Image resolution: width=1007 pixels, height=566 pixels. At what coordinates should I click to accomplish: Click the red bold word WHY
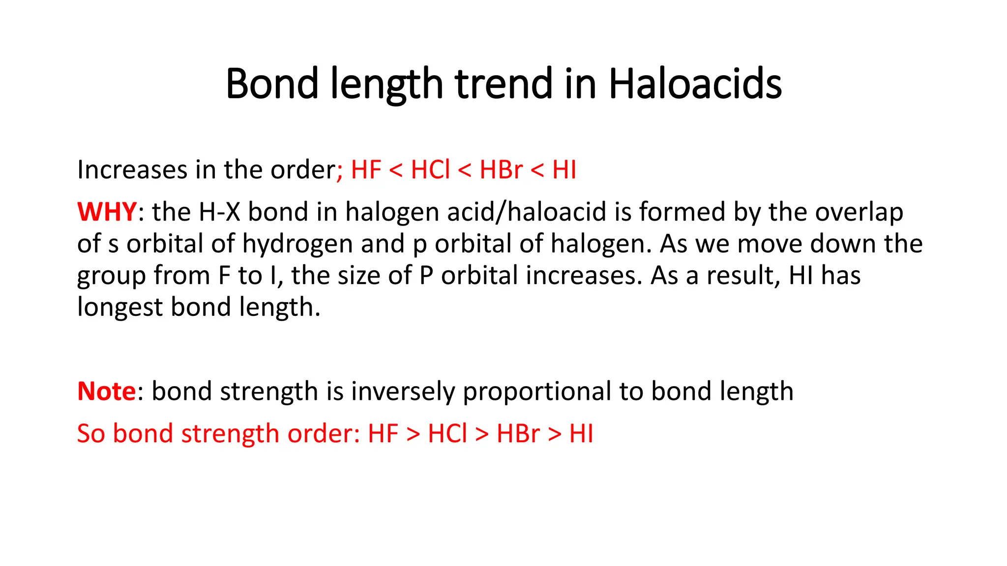[107, 212]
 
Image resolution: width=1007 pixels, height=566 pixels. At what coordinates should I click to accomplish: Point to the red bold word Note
[106, 391]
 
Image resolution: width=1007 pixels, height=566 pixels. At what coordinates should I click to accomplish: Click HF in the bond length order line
[366, 170]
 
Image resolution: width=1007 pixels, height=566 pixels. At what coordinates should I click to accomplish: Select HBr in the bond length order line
[501, 170]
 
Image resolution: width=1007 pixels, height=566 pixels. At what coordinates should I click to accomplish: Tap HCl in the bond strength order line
[447, 433]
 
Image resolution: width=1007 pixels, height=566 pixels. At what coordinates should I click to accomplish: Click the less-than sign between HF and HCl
[396, 170]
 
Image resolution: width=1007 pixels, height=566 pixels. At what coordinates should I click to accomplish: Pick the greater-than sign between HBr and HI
[555, 434]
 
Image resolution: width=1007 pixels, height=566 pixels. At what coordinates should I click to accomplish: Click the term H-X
[219, 212]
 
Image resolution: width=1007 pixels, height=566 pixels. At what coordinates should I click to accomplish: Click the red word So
[91, 433]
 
